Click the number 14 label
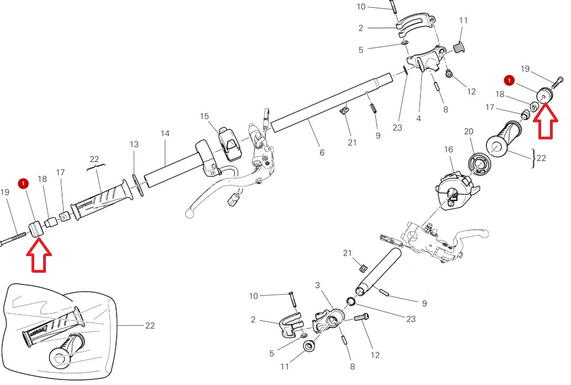tap(165, 133)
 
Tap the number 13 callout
tap(134, 144)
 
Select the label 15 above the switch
tap(205, 116)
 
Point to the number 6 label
tap(322, 153)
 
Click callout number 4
tap(419, 118)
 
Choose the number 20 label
tap(469, 131)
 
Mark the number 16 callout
tap(449, 149)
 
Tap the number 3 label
tap(317, 285)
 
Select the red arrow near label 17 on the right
tap(546, 121)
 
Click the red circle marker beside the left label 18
tap(23, 184)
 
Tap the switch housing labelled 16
tap(456, 191)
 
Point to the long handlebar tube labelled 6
tap(332, 103)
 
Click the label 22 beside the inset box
tap(150, 326)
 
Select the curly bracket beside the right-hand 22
tap(534, 158)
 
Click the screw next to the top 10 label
tap(394, 7)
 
